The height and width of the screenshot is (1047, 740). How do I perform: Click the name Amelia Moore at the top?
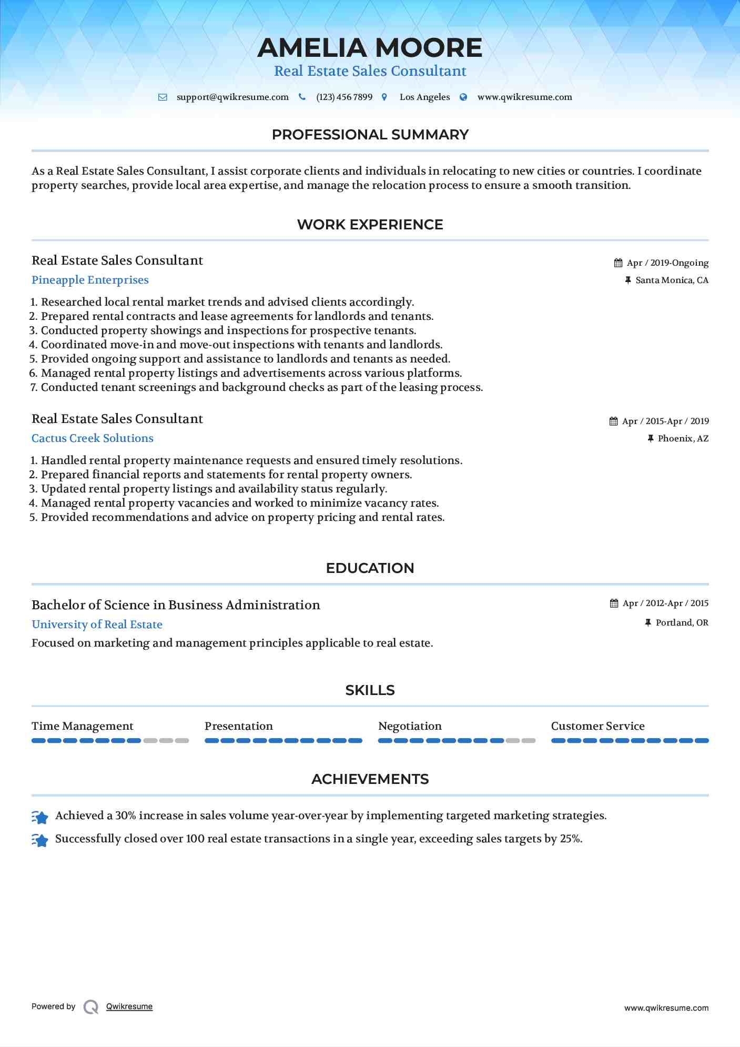point(370,48)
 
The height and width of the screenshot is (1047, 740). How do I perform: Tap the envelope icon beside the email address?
point(163,97)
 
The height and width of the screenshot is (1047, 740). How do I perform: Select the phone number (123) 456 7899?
point(344,97)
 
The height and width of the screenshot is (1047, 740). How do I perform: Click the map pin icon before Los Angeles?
point(384,97)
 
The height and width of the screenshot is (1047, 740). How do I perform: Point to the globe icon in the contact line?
point(463,97)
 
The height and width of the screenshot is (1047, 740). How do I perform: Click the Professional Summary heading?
point(370,135)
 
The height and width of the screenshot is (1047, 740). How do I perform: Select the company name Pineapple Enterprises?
point(90,280)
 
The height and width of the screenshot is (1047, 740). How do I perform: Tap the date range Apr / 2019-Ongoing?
point(667,263)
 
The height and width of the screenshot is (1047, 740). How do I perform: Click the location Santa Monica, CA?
point(672,280)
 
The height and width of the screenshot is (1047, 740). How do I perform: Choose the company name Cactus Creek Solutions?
point(93,438)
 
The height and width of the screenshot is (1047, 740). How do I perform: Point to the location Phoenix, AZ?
point(683,439)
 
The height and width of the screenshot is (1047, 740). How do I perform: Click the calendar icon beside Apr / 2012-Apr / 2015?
point(614,603)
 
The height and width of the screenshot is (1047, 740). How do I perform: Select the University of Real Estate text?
point(97,625)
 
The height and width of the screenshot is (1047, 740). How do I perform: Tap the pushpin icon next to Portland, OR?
point(648,623)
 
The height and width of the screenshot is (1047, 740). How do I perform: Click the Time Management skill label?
point(83,726)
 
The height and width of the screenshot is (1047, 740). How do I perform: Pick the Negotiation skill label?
point(410,726)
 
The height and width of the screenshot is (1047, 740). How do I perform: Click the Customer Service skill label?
point(597,726)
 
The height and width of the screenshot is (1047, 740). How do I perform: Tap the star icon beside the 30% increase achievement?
point(40,817)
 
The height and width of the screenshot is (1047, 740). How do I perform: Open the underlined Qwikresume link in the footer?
point(129,1006)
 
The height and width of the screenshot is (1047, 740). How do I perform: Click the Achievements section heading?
point(370,779)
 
